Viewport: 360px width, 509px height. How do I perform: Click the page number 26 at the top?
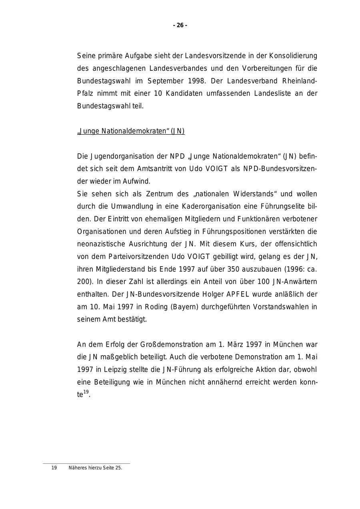[180, 25]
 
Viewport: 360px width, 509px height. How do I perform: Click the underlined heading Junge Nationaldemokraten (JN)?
[131, 131]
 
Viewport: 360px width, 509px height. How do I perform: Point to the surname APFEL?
[238, 294]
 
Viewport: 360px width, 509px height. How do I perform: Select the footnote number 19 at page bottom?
[54, 468]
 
